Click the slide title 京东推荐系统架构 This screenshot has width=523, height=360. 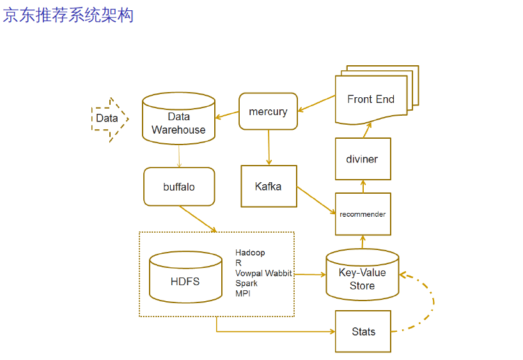(x=68, y=15)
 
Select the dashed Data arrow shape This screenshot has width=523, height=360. (x=109, y=119)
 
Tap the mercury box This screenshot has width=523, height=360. (x=268, y=112)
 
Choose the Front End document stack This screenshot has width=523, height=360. (x=372, y=99)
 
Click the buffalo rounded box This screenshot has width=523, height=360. (x=179, y=187)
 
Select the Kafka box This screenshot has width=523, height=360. (x=269, y=186)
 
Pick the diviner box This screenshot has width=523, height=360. (x=363, y=159)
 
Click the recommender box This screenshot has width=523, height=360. (x=363, y=214)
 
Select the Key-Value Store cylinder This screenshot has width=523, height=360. (x=363, y=276)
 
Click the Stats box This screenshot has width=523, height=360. (x=363, y=331)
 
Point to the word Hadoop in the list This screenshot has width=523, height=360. (x=250, y=253)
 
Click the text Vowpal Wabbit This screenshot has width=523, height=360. (x=263, y=273)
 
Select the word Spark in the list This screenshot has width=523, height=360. (x=247, y=283)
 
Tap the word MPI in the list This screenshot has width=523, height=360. (x=243, y=293)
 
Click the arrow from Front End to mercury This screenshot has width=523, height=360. (x=316, y=104)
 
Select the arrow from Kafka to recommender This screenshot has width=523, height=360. (x=316, y=200)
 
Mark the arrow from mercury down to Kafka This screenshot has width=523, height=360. (x=269, y=148)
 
